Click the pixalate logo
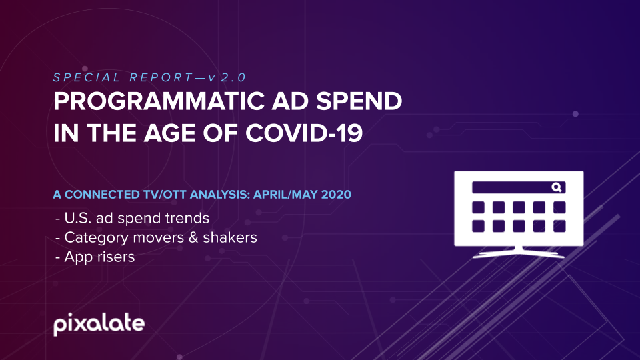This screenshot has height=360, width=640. click(99, 324)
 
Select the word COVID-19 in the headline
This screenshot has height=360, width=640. click(304, 133)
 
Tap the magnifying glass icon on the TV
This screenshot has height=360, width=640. click(557, 187)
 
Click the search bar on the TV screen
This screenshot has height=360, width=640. click(519, 187)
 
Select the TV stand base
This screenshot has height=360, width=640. click(519, 253)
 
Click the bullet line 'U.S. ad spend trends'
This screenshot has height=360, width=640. click(132, 218)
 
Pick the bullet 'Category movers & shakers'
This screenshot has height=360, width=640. click(156, 237)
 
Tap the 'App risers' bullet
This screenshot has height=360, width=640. click(95, 257)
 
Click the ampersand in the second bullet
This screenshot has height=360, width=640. click(193, 237)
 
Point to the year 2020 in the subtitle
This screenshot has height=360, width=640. click(336, 194)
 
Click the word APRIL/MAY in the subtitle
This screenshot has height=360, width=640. click(285, 194)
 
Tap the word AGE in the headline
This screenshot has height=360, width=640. click(169, 133)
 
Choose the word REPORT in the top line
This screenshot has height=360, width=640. click(161, 77)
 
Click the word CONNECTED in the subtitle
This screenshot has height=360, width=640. click(102, 194)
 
